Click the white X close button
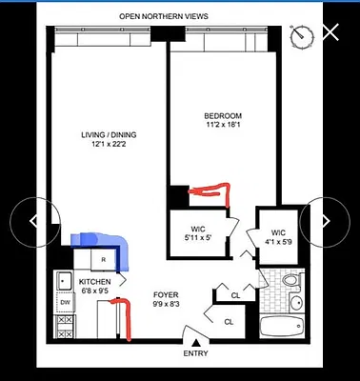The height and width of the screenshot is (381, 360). pos(330,32)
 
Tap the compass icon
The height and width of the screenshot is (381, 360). pos(302,36)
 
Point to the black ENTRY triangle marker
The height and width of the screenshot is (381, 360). pos(196,343)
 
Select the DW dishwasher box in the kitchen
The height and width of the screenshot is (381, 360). pos(66,303)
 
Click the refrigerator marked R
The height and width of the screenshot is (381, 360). pos(103,259)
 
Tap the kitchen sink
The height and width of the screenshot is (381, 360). pos(63,281)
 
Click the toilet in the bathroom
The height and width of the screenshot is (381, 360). pos(291,280)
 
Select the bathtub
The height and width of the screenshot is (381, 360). pos(281,326)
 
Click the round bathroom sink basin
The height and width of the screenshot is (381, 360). pos(297,303)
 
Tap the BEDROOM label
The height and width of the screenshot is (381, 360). pos(223,116)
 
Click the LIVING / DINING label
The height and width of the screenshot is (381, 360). pos(109,135)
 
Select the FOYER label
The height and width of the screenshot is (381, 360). pos(166,295)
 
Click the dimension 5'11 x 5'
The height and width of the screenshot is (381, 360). pos(198,237)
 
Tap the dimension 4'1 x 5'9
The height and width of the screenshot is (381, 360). pos(278,242)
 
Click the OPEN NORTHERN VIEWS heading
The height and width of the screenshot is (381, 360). pos(164,16)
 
